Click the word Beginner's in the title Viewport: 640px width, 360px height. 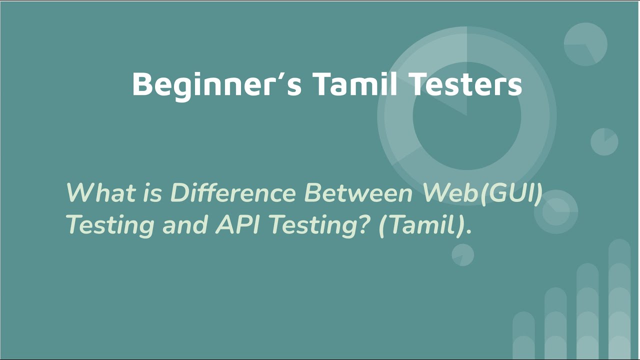(216, 84)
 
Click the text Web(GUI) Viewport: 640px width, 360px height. (482, 192)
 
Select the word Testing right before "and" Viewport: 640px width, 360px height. (110, 225)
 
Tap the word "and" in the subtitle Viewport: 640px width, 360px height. (184, 224)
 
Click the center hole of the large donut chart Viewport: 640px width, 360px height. (466, 116)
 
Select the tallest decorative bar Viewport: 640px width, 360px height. (619, 300)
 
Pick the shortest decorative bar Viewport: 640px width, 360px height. (523, 335)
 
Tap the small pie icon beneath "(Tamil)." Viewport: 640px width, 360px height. (462, 255)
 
